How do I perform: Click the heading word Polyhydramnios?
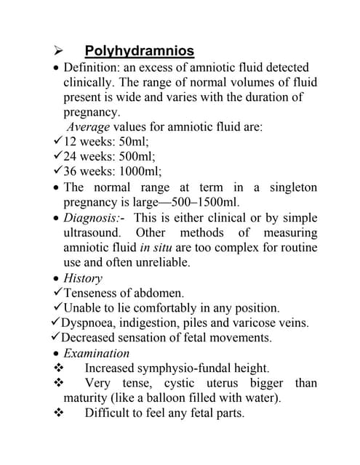point(139,51)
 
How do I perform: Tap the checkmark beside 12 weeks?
point(57,141)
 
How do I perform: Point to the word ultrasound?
point(94,233)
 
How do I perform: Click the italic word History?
point(83,278)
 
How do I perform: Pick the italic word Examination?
point(96,353)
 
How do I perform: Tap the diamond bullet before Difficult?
point(59,413)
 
